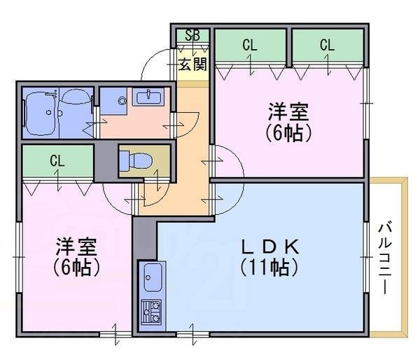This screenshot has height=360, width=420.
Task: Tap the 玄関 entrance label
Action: point(192,65)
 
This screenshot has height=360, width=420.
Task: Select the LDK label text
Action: point(270,247)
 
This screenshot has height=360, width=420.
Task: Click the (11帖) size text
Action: point(270,267)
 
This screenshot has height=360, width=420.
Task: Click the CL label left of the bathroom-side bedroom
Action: point(57,160)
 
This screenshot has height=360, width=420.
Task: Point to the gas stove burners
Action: point(151,310)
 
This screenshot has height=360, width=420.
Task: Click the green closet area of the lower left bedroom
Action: point(57,162)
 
